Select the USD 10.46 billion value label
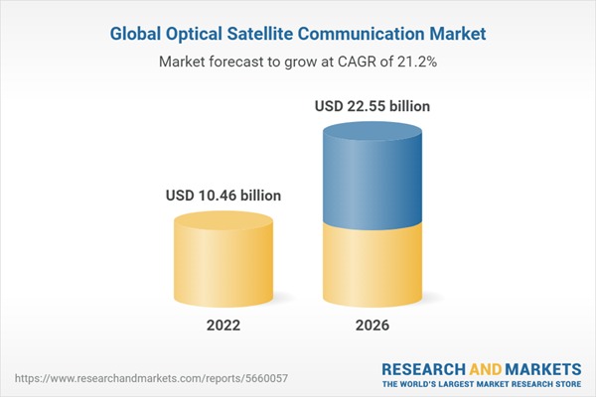223,196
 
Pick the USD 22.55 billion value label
373,104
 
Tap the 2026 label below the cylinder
373,327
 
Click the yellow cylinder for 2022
223,263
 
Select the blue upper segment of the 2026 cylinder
373,174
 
